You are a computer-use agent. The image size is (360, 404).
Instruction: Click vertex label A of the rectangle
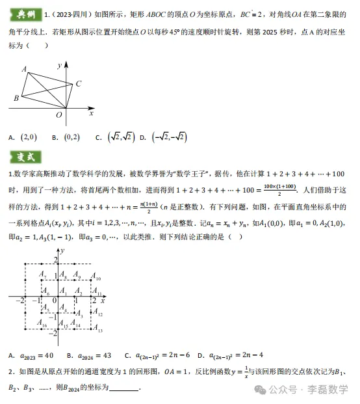(x=24, y=69)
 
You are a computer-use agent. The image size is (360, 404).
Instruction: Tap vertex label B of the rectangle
(x=16, y=98)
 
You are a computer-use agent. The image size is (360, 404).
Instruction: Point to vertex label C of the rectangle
(x=78, y=83)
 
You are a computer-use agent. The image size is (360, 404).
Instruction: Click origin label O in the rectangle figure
(x=58, y=115)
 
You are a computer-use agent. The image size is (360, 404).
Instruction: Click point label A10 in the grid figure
(x=96, y=278)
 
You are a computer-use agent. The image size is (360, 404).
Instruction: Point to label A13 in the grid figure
(x=97, y=331)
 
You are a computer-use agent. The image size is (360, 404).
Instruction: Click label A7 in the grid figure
(x=43, y=278)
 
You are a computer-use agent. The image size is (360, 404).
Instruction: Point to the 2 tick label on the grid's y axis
(x=56, y=260)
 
